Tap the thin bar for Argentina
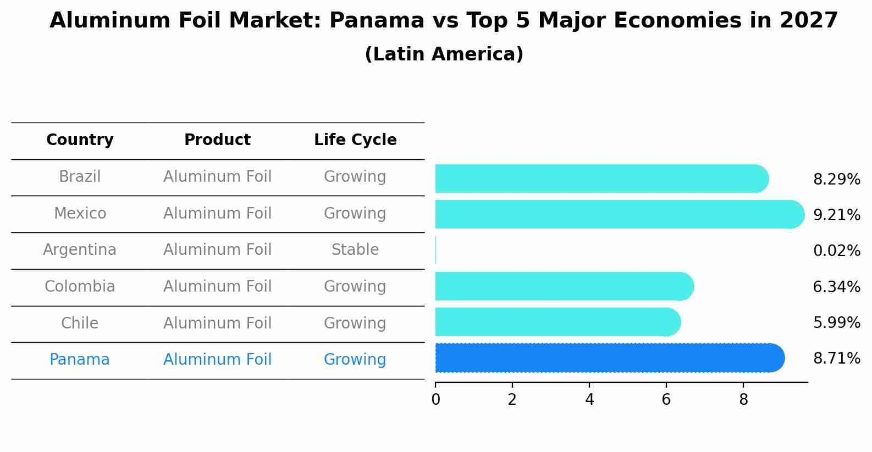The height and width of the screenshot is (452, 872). tap(436, 250)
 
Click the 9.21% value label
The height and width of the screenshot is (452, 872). tap(836, 215)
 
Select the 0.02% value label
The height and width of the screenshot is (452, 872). tap(836, 251)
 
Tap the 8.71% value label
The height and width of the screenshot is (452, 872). tap(836, 359)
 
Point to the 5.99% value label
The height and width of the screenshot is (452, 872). tap(836, 323)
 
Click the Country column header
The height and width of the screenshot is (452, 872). tap(80, 140)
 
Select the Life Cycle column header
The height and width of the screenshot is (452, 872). tap(355, 140)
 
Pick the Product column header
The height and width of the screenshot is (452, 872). tap(217, 140)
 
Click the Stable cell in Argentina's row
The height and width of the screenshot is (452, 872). tap(355, 250)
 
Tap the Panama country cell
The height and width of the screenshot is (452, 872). tap(80, 360)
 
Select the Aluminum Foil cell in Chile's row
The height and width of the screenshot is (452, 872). tap(217, 323)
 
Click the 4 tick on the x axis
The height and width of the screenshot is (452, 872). tap(589, 400)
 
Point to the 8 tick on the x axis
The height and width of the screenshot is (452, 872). tap(743, 400)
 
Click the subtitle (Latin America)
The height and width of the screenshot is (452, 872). tap(444, 54)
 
